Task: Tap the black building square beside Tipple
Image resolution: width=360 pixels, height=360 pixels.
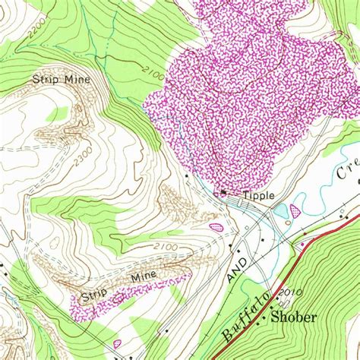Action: click(x=223, y=194)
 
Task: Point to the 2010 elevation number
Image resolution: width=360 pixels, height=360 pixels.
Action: click(x=290, y=292)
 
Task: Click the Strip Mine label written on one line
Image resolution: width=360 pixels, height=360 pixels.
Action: click(x=62, y=78)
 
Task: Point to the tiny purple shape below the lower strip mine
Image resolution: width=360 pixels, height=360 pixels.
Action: click(x=117, y=344)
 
